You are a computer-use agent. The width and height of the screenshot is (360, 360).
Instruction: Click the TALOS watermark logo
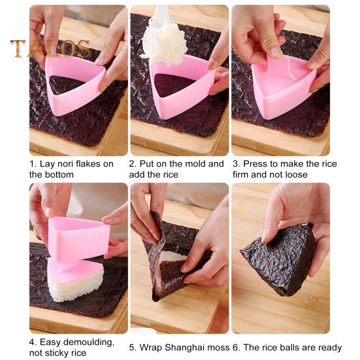(51, 49)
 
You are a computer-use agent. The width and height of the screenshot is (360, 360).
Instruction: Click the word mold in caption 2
(197, 164)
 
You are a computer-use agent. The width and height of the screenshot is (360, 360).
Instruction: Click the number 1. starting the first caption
(33, 164)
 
